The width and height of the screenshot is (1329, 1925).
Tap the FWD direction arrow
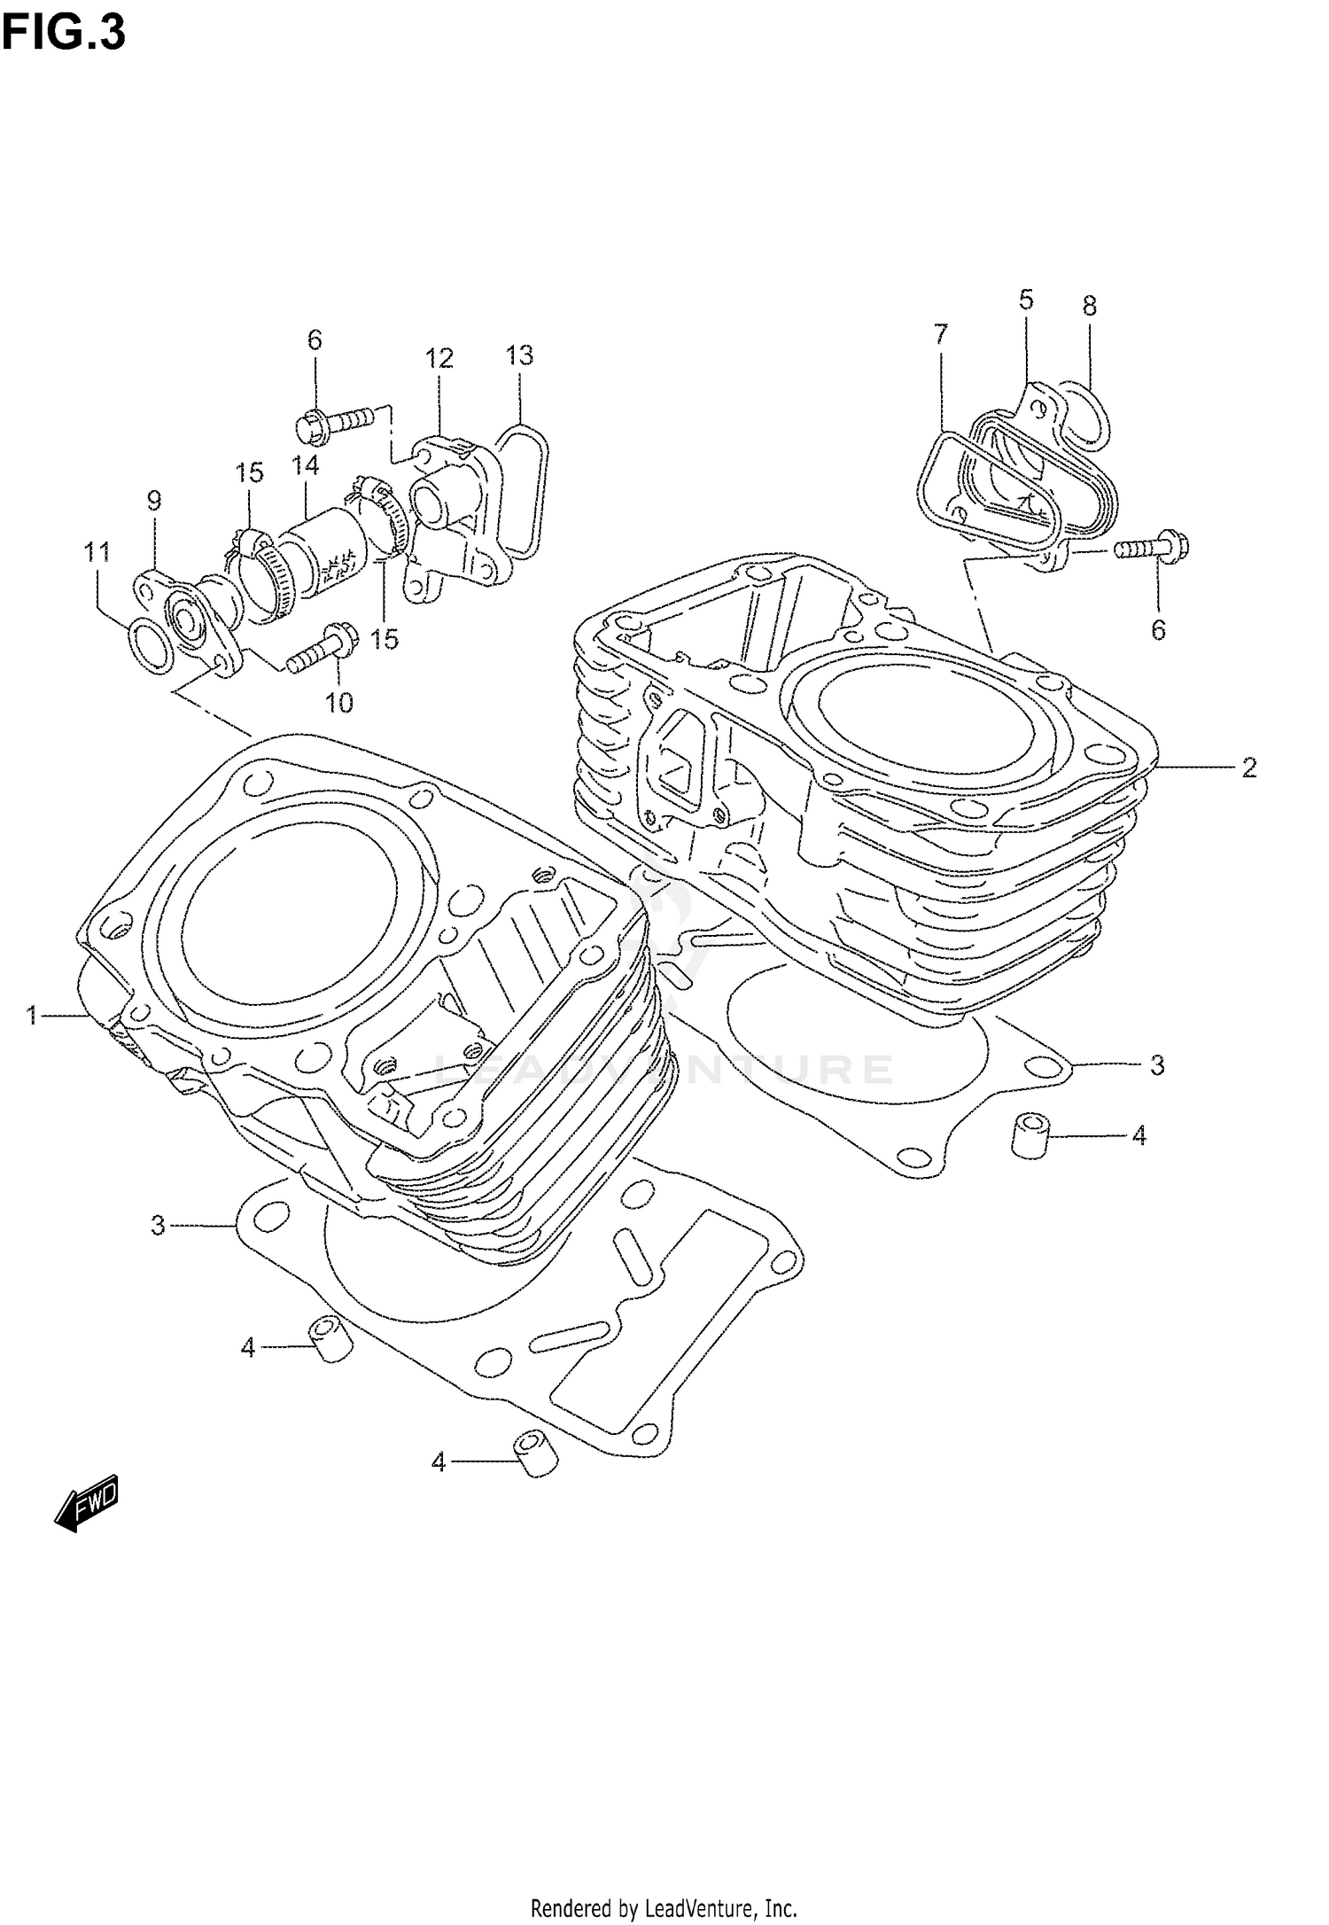(x=85, y=1504)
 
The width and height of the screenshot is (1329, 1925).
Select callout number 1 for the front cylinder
(x=33, y=1015)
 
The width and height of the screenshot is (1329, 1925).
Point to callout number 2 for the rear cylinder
(x=1248, y=768)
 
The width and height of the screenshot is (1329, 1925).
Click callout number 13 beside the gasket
(x=520, y=355)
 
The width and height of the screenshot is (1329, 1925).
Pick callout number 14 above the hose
(x=306, y=465)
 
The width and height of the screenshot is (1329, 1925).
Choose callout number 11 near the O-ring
(x=97, y=552)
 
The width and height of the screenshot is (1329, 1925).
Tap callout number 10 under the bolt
(x=339, y=703)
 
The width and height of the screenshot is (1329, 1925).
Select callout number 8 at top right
(x=1090, y=306)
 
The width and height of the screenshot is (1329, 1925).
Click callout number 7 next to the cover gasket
(x=941, y=333)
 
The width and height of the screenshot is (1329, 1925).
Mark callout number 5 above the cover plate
(x=1026, y=300)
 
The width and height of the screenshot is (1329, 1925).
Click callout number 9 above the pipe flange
(x=154, y=501)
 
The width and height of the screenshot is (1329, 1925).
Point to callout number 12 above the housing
(x=439, y=358)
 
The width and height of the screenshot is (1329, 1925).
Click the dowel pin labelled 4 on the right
(x=1030, y=1136)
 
